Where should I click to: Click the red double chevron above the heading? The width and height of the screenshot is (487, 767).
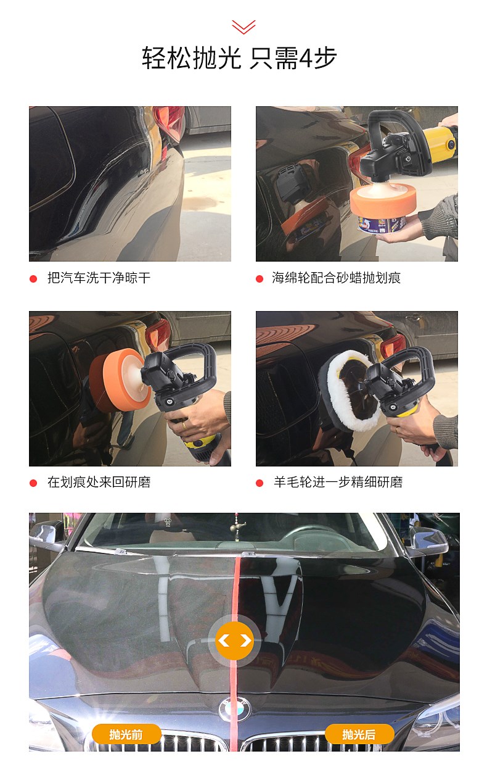pos(243,27)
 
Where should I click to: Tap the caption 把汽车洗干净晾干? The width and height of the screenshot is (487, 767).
pos(99,278)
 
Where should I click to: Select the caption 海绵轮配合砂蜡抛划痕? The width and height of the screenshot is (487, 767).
pos(336,278)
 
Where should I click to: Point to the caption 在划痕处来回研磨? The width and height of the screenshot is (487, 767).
pos(99,482)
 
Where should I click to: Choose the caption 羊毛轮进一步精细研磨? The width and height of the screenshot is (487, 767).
pos(338,482)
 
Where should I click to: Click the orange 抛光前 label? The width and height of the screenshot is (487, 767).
pos(126,734)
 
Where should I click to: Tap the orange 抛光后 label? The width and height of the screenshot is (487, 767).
pos(359,734)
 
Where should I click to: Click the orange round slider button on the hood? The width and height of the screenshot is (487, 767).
pos(235,641)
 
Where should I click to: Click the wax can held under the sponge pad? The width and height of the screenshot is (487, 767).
pos(383,224)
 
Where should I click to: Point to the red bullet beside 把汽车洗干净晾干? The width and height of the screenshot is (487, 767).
pos(33,279)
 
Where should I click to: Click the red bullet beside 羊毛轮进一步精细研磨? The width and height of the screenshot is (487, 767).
pos(260,483)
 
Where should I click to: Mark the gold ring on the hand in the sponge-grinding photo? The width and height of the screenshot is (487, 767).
pos(184,425)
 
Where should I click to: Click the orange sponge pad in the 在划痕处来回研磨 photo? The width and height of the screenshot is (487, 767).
pos(120,380)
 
